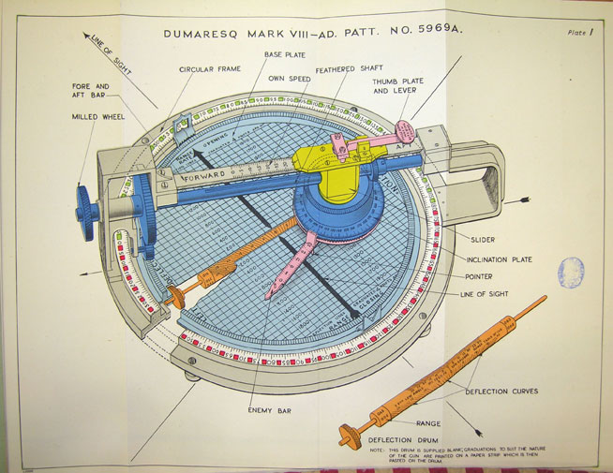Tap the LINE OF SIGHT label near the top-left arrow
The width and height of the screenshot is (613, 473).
click(111, 53)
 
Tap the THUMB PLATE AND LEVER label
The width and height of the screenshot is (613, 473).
click(398, 87)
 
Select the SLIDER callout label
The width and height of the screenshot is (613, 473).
click(483, 240)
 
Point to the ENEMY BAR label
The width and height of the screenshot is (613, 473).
click(270, 409)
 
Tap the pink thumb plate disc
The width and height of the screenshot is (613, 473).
click(408, 130)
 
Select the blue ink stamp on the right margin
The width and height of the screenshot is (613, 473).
click(570, 273)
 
